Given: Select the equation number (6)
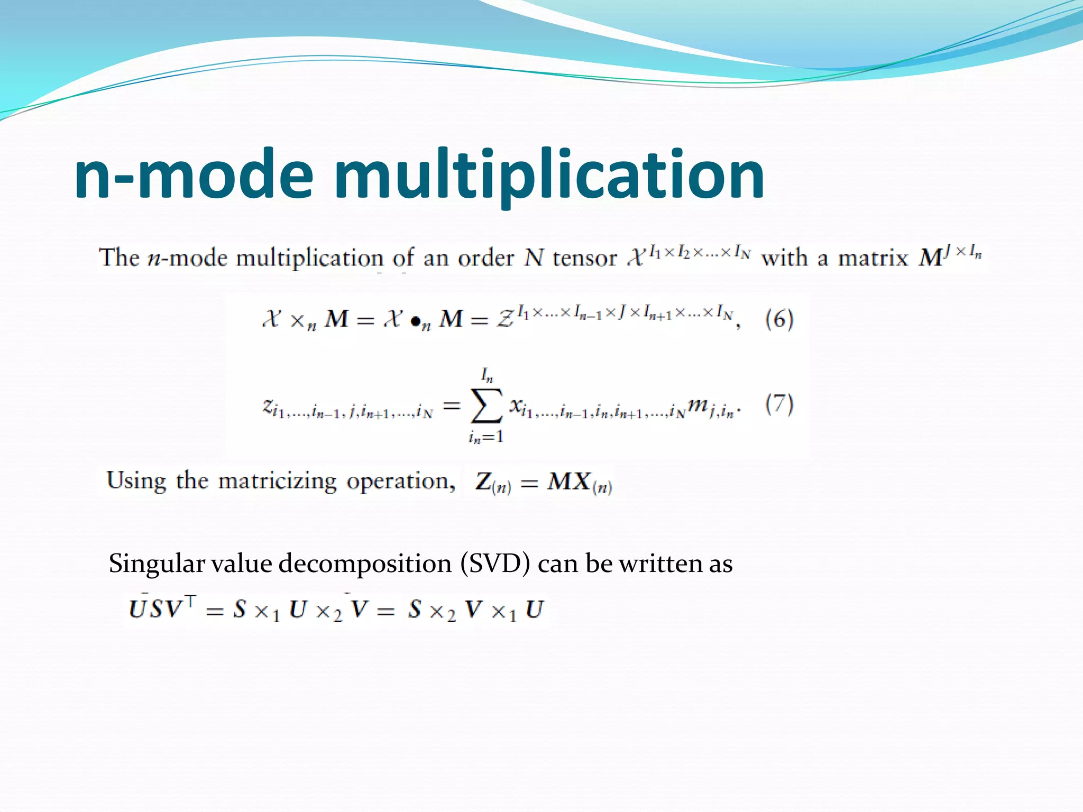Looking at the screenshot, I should point(779,319).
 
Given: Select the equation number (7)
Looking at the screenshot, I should point(779,404).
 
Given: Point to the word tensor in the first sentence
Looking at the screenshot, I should point(584,259).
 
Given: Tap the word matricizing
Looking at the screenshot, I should point(277,481).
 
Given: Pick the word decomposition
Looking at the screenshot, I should point(365,564).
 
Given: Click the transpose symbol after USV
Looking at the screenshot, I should point(190,601).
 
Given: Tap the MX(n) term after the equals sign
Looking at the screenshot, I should point(580,483).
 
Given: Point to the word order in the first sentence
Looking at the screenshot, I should point(485,259).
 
